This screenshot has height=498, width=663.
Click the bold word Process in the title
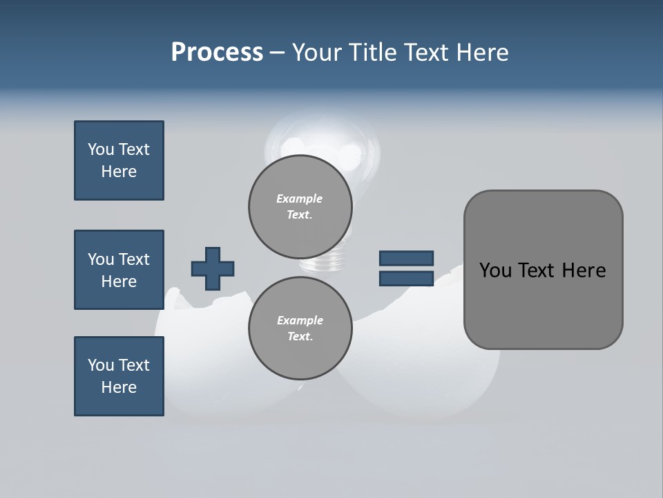pyautogui.click(x=217, y=53)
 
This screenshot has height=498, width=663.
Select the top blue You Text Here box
pyautogui.click(x=119, y=160)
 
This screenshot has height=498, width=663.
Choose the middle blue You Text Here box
pyautogui.click(x=119, y=270)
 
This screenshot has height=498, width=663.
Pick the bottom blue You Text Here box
pyautogui.click(x=119, y=376)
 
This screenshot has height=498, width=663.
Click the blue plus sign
pyautogui.click(x=213, y=268)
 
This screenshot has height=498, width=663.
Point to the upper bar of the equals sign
pyautogui.click(x=406, y=258)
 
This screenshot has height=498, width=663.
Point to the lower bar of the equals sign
pyautogui.click(x=406, y=279)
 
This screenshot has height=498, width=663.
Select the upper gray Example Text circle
pyautogui.click(x=300, y=206)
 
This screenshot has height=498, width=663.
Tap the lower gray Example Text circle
pyautogui.click(x=300, y=328)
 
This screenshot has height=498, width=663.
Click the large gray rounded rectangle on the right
pyautogui.click(x=543, y=311)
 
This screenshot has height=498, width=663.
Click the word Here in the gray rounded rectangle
pyautogui.click(x=584, y=270)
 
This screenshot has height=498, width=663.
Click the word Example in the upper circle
pyautogui.click(x=300, y=199)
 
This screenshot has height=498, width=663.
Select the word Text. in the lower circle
pyautogui.click(x=300, y=337)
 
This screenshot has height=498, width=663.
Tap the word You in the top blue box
pyautogui.click(x=100, y=149)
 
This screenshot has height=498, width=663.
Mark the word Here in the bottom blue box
pyautogui.click(x=119, y=387)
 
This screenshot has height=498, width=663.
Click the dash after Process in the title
pyautogui.click(x=277, y=53)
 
